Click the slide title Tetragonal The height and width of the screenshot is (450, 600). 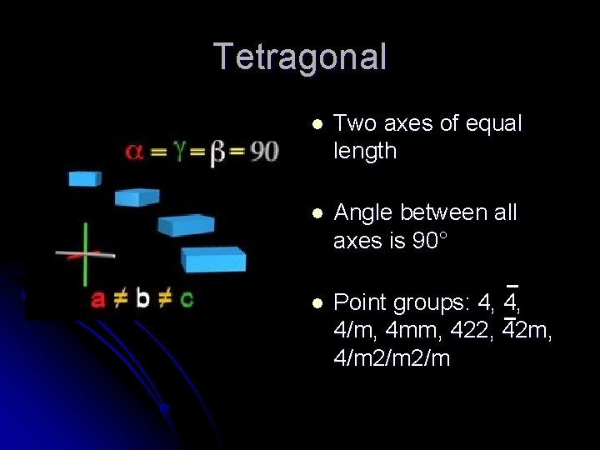(300, 57)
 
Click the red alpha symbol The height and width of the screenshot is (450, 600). (134, 152)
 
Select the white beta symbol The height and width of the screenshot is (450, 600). (218, 152)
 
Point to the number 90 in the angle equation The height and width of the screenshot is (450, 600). (264, 152)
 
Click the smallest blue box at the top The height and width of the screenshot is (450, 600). (84, 177)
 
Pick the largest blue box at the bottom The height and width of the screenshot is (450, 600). (215, 259)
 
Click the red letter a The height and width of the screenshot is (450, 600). (98, 298)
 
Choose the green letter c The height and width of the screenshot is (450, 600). (187, 298)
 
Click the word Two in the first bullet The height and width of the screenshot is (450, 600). (352, 124)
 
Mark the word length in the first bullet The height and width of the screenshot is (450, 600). (365, 151)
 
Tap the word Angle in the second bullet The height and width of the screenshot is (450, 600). (363, 213)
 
